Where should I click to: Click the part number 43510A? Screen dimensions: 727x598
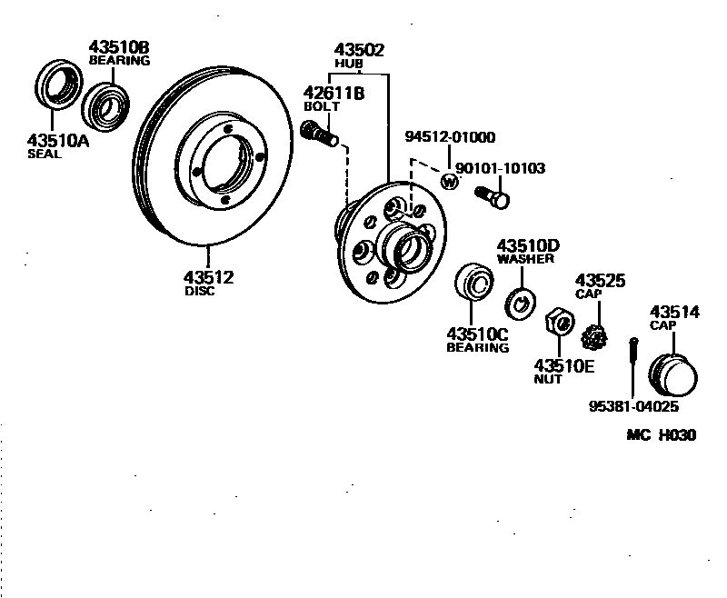click(56, 140)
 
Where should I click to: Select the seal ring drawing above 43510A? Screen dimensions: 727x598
click(56, 86)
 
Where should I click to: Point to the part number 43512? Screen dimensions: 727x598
click(208, 277)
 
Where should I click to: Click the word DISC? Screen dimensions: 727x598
click(199, 292)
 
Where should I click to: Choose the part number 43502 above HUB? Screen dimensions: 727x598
click(359, 50)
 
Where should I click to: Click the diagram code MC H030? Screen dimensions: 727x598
click(661, 434)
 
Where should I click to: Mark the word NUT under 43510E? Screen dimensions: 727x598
click(548, 379)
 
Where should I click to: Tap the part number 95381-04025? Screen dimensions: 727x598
click(633, 406)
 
